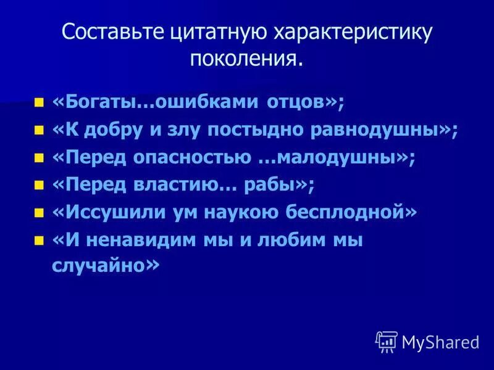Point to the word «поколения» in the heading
[243, 60]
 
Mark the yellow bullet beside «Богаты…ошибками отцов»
[40, 102]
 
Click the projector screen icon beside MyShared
[387, 341]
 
